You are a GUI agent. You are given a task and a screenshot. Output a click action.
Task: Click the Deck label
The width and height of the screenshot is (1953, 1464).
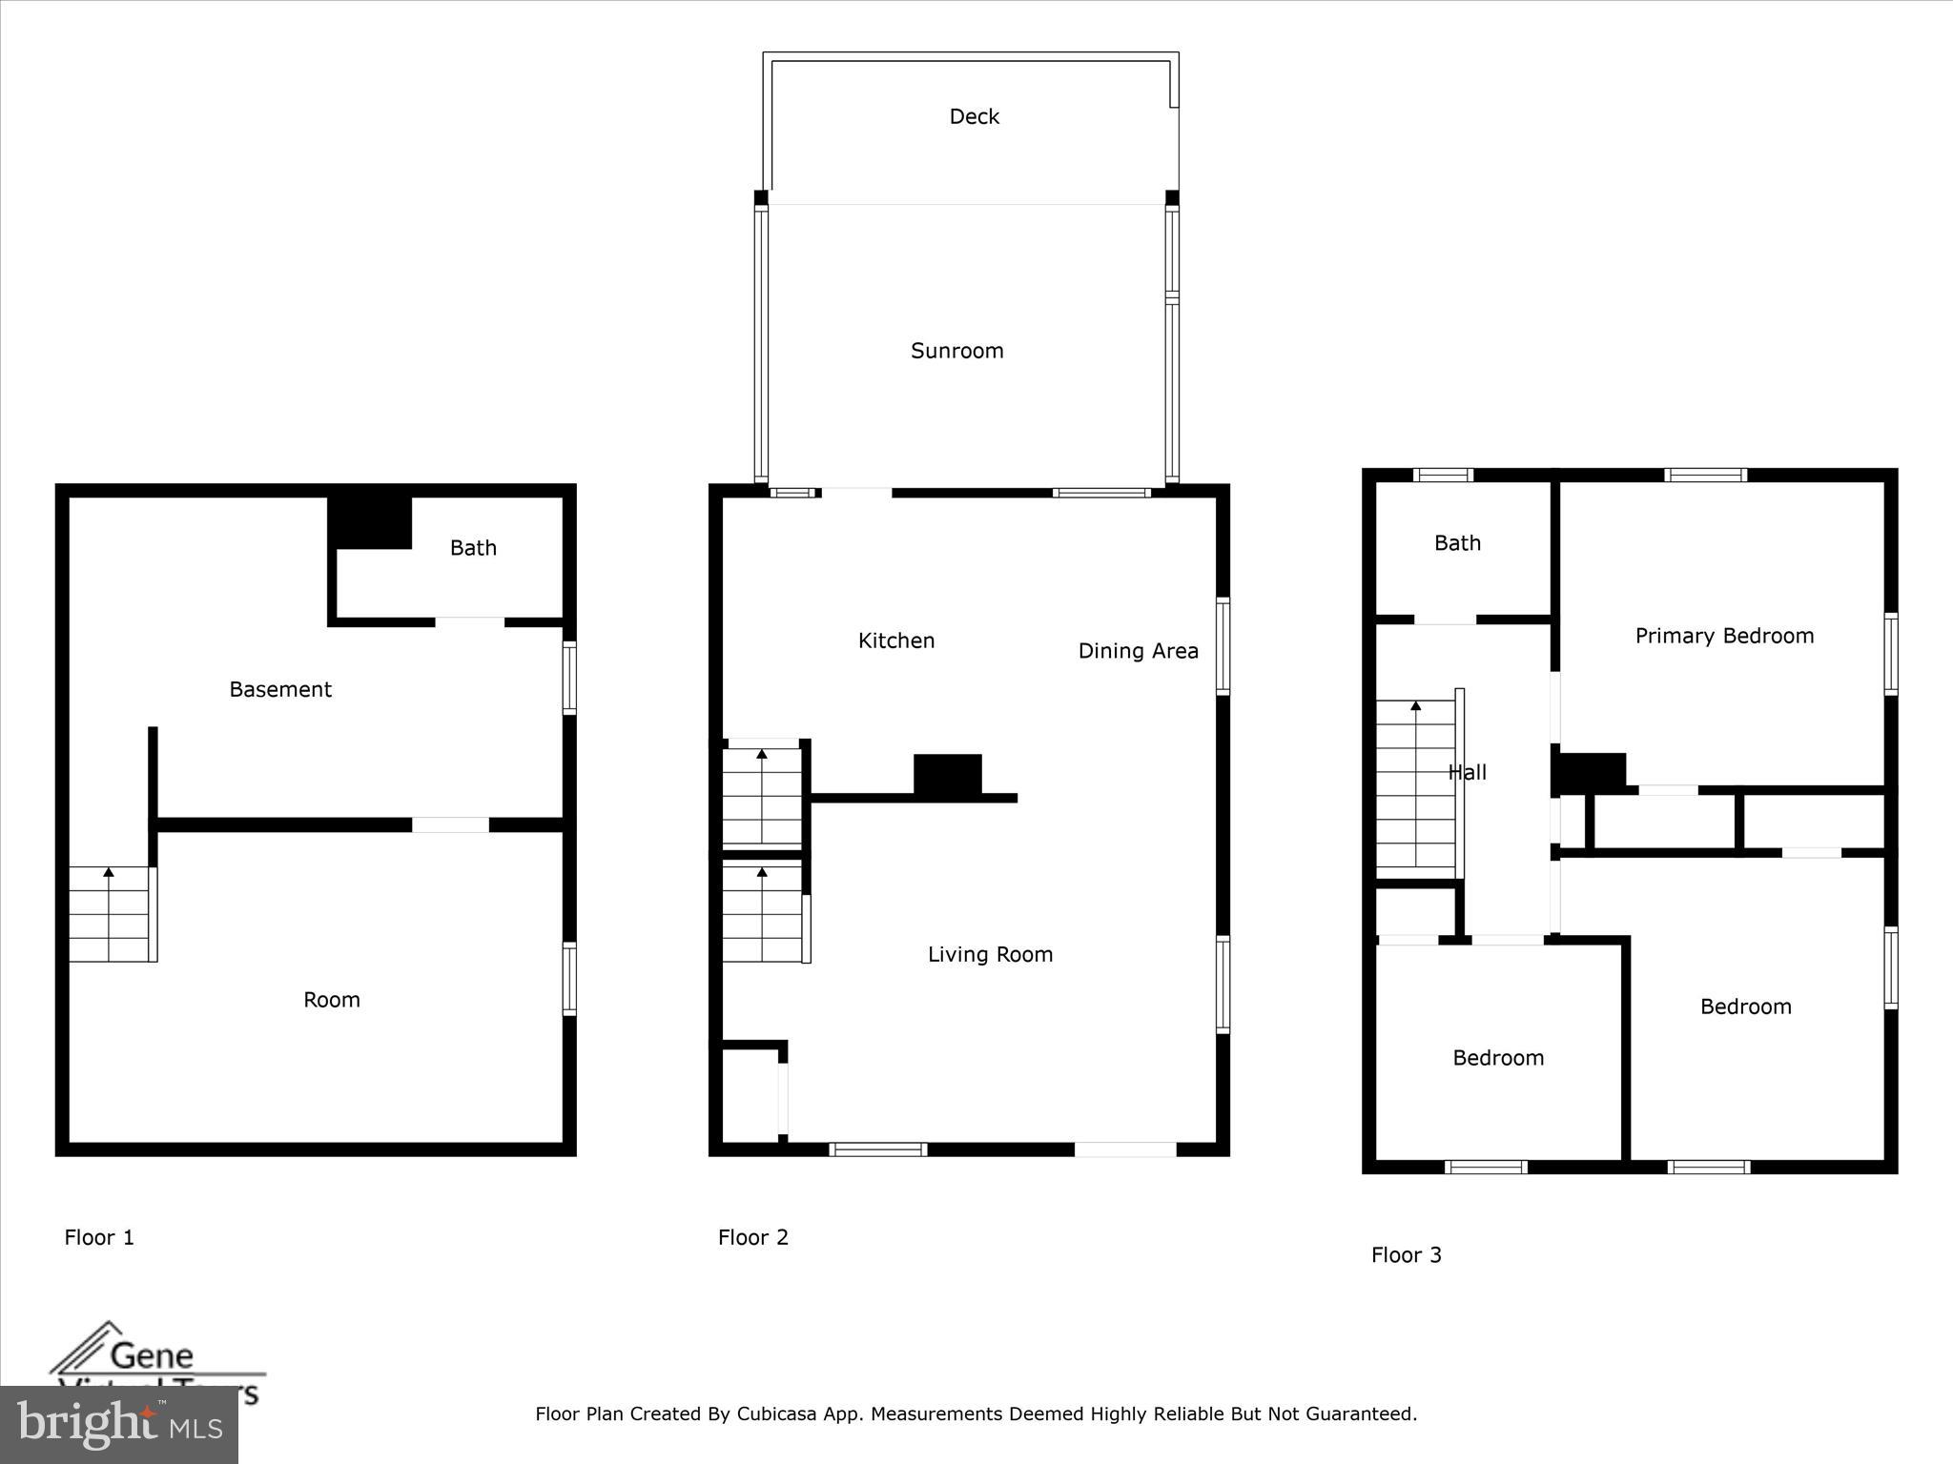(x=974, y=116)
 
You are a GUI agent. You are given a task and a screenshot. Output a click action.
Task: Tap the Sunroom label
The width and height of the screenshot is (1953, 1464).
(x=956, y=351)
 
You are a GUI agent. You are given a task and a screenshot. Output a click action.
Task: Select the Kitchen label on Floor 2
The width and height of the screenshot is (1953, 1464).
(x=895, y=640)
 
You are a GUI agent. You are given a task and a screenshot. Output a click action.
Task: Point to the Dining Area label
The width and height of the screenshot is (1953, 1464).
(x=1138, y=651)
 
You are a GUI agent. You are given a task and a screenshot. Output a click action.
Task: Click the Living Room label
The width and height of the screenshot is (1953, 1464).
(x=990, y=954)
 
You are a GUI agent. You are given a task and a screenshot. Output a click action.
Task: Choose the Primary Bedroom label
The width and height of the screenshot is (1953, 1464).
(x=1724, y=636)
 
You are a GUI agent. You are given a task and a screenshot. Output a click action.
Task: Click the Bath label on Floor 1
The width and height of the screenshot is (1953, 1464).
(x=473, y=548)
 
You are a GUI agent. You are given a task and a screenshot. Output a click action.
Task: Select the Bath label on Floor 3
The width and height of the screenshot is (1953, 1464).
(x=1457, y=543)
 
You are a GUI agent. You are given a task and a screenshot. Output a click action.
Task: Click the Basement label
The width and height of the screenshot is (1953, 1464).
(x=280, y=689)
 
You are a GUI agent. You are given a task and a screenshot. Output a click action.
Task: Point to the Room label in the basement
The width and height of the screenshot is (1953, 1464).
(x=331, y=1000)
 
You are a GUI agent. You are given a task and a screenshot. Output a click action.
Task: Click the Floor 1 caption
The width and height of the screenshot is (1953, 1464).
(x=99, y=1237)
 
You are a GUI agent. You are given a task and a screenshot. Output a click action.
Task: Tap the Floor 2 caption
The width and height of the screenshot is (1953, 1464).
(x=752, y=1237)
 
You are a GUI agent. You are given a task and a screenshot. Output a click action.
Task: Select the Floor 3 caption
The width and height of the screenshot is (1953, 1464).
(x=1406, y=1255)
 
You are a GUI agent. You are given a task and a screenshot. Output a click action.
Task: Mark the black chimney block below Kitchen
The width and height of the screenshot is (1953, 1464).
(x=947, y=774)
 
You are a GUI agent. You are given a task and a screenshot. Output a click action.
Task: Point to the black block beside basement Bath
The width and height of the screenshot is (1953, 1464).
(x=370, y=521)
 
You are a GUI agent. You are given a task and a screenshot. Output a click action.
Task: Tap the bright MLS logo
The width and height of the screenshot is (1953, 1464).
(x=118, y=1424)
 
